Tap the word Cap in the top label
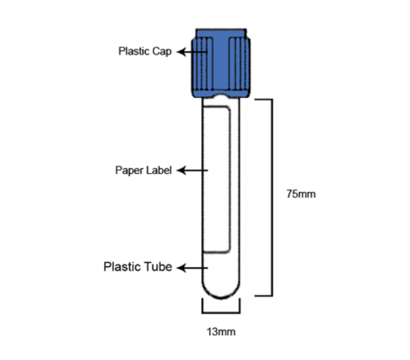click(x=162, y=52)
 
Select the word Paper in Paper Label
click(x=129, y=171)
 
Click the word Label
click(x=159, y=170)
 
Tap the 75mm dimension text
click(x=301, y=194)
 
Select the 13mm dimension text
click(x=221, y=331)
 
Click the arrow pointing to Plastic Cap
click(x=192, y=52)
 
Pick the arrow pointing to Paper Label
click(x=192, y=170)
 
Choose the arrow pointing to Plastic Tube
click(x=192, y=268)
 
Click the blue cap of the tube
click(x=221, y=63)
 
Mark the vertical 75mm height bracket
click(x=272, y=197)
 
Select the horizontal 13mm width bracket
click(x=221, y=312)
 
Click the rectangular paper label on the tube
click(x=216, y=179)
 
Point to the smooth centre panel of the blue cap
click(x=221, y=63)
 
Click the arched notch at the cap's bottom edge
click(x=221, y=96)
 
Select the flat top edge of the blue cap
click(x=221, y=29)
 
